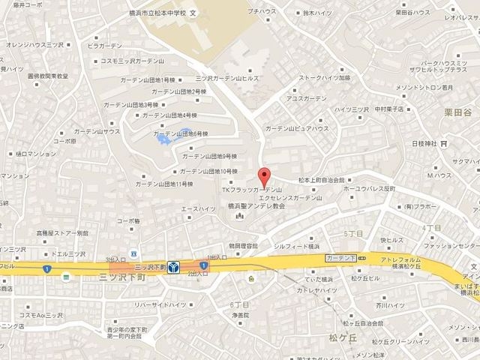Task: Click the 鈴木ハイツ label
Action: [x=297, y=13]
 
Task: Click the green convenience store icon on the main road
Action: [x=66, y=277]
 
